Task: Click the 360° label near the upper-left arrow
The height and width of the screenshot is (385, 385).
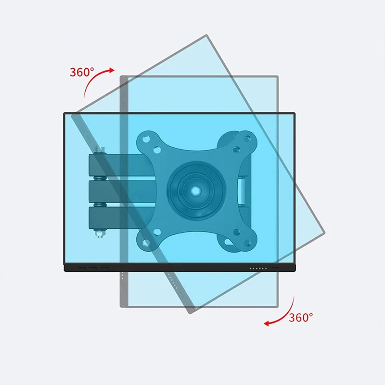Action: tap(82, 72)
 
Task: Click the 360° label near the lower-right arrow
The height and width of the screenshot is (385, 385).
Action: tap(301, 318)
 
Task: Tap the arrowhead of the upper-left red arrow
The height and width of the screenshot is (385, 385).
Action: tap(112, 70)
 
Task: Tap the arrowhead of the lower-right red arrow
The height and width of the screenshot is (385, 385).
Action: tap(267, 323)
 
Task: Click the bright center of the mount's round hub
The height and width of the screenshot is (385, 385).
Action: tap(195, 190)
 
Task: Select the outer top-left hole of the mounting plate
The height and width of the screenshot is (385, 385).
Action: tap(146, 139)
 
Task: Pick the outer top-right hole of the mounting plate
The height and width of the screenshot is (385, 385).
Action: tap(247, 139)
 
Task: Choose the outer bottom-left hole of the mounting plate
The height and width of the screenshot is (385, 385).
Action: tap(146, 243)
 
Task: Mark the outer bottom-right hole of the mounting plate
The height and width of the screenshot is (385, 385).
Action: tap(247, 243)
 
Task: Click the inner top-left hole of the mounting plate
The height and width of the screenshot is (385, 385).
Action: tap(157, 150)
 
